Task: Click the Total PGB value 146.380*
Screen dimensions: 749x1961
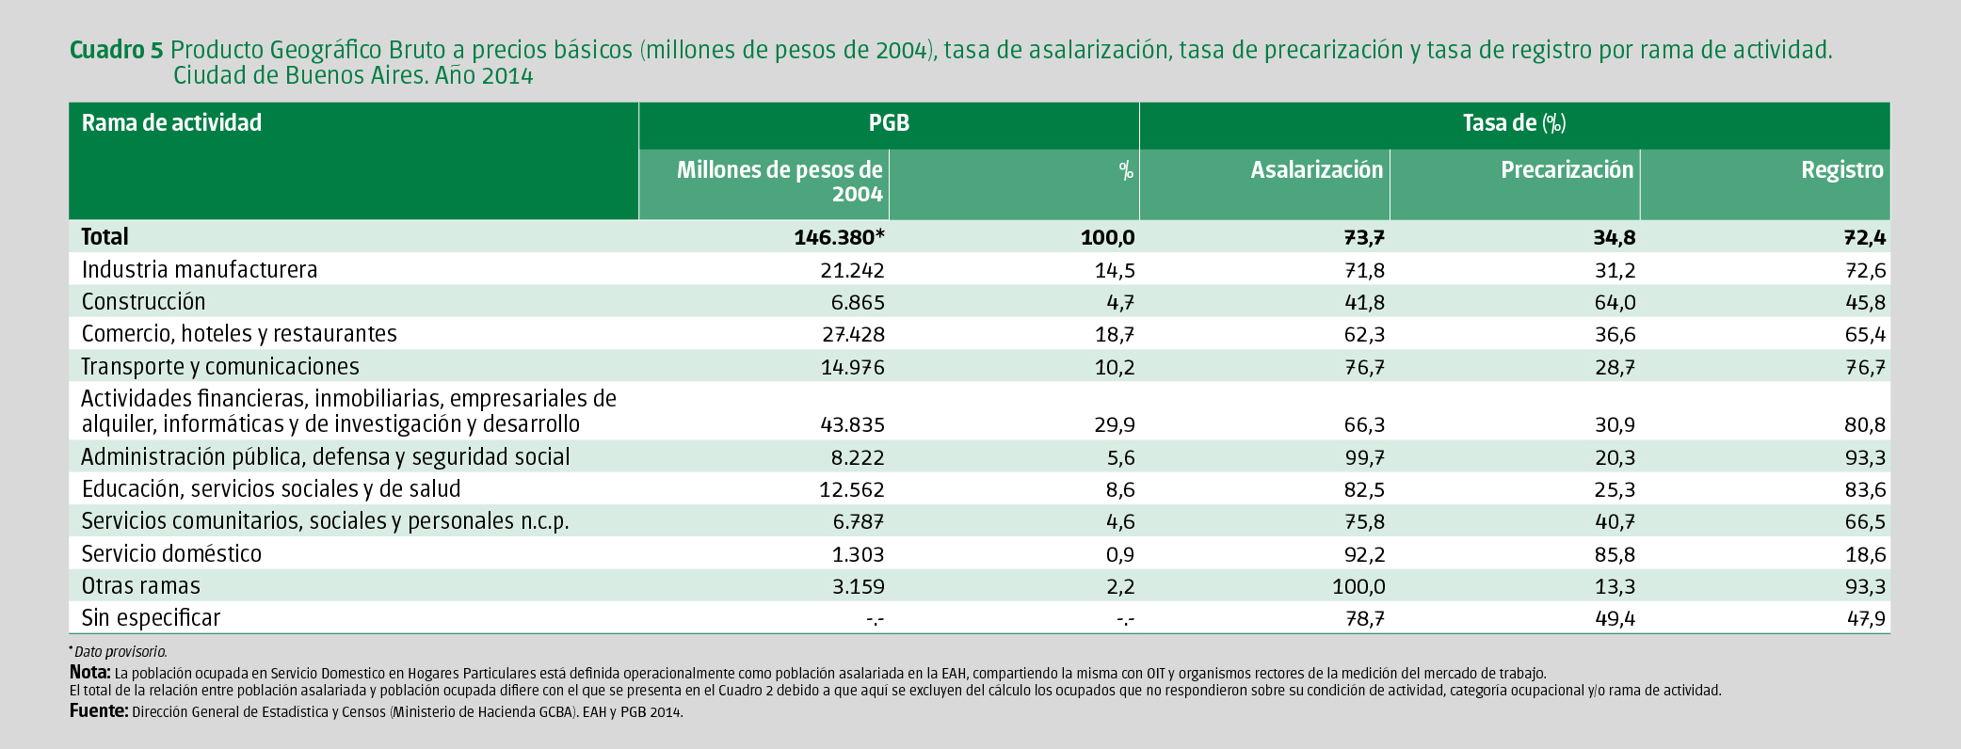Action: coord(839,237)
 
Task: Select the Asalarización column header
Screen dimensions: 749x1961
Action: coord(1316,170)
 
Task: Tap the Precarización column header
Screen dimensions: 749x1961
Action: coord(1567,170)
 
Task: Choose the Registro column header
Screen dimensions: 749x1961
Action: coord(1841,170)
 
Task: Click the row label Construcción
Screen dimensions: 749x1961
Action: coord(143,302)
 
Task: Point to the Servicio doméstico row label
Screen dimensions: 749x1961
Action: coord(171,553)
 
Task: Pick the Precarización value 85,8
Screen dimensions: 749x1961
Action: coord(1615,554)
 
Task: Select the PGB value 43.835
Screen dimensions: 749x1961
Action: coord(852,425)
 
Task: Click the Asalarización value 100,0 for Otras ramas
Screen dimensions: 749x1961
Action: coord(1358,586)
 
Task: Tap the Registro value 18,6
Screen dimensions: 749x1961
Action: coord(1865,554)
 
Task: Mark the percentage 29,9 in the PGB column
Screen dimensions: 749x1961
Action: coord(1115,425)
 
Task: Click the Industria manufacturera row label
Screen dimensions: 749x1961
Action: coord(200,270)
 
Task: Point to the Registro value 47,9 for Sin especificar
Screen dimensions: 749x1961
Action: coord(1865,618)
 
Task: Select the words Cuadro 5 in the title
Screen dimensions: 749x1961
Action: coord(117,50)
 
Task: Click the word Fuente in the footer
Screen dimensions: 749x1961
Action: coord(99,711)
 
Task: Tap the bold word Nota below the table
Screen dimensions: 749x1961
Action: coord(90,673)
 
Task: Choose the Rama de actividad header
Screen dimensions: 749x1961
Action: coord(171,123)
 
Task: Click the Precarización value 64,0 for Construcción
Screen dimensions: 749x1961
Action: coord(1615,303)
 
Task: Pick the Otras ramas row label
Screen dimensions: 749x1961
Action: coord(140,586)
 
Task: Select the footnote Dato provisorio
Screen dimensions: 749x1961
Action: coord(120,651)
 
